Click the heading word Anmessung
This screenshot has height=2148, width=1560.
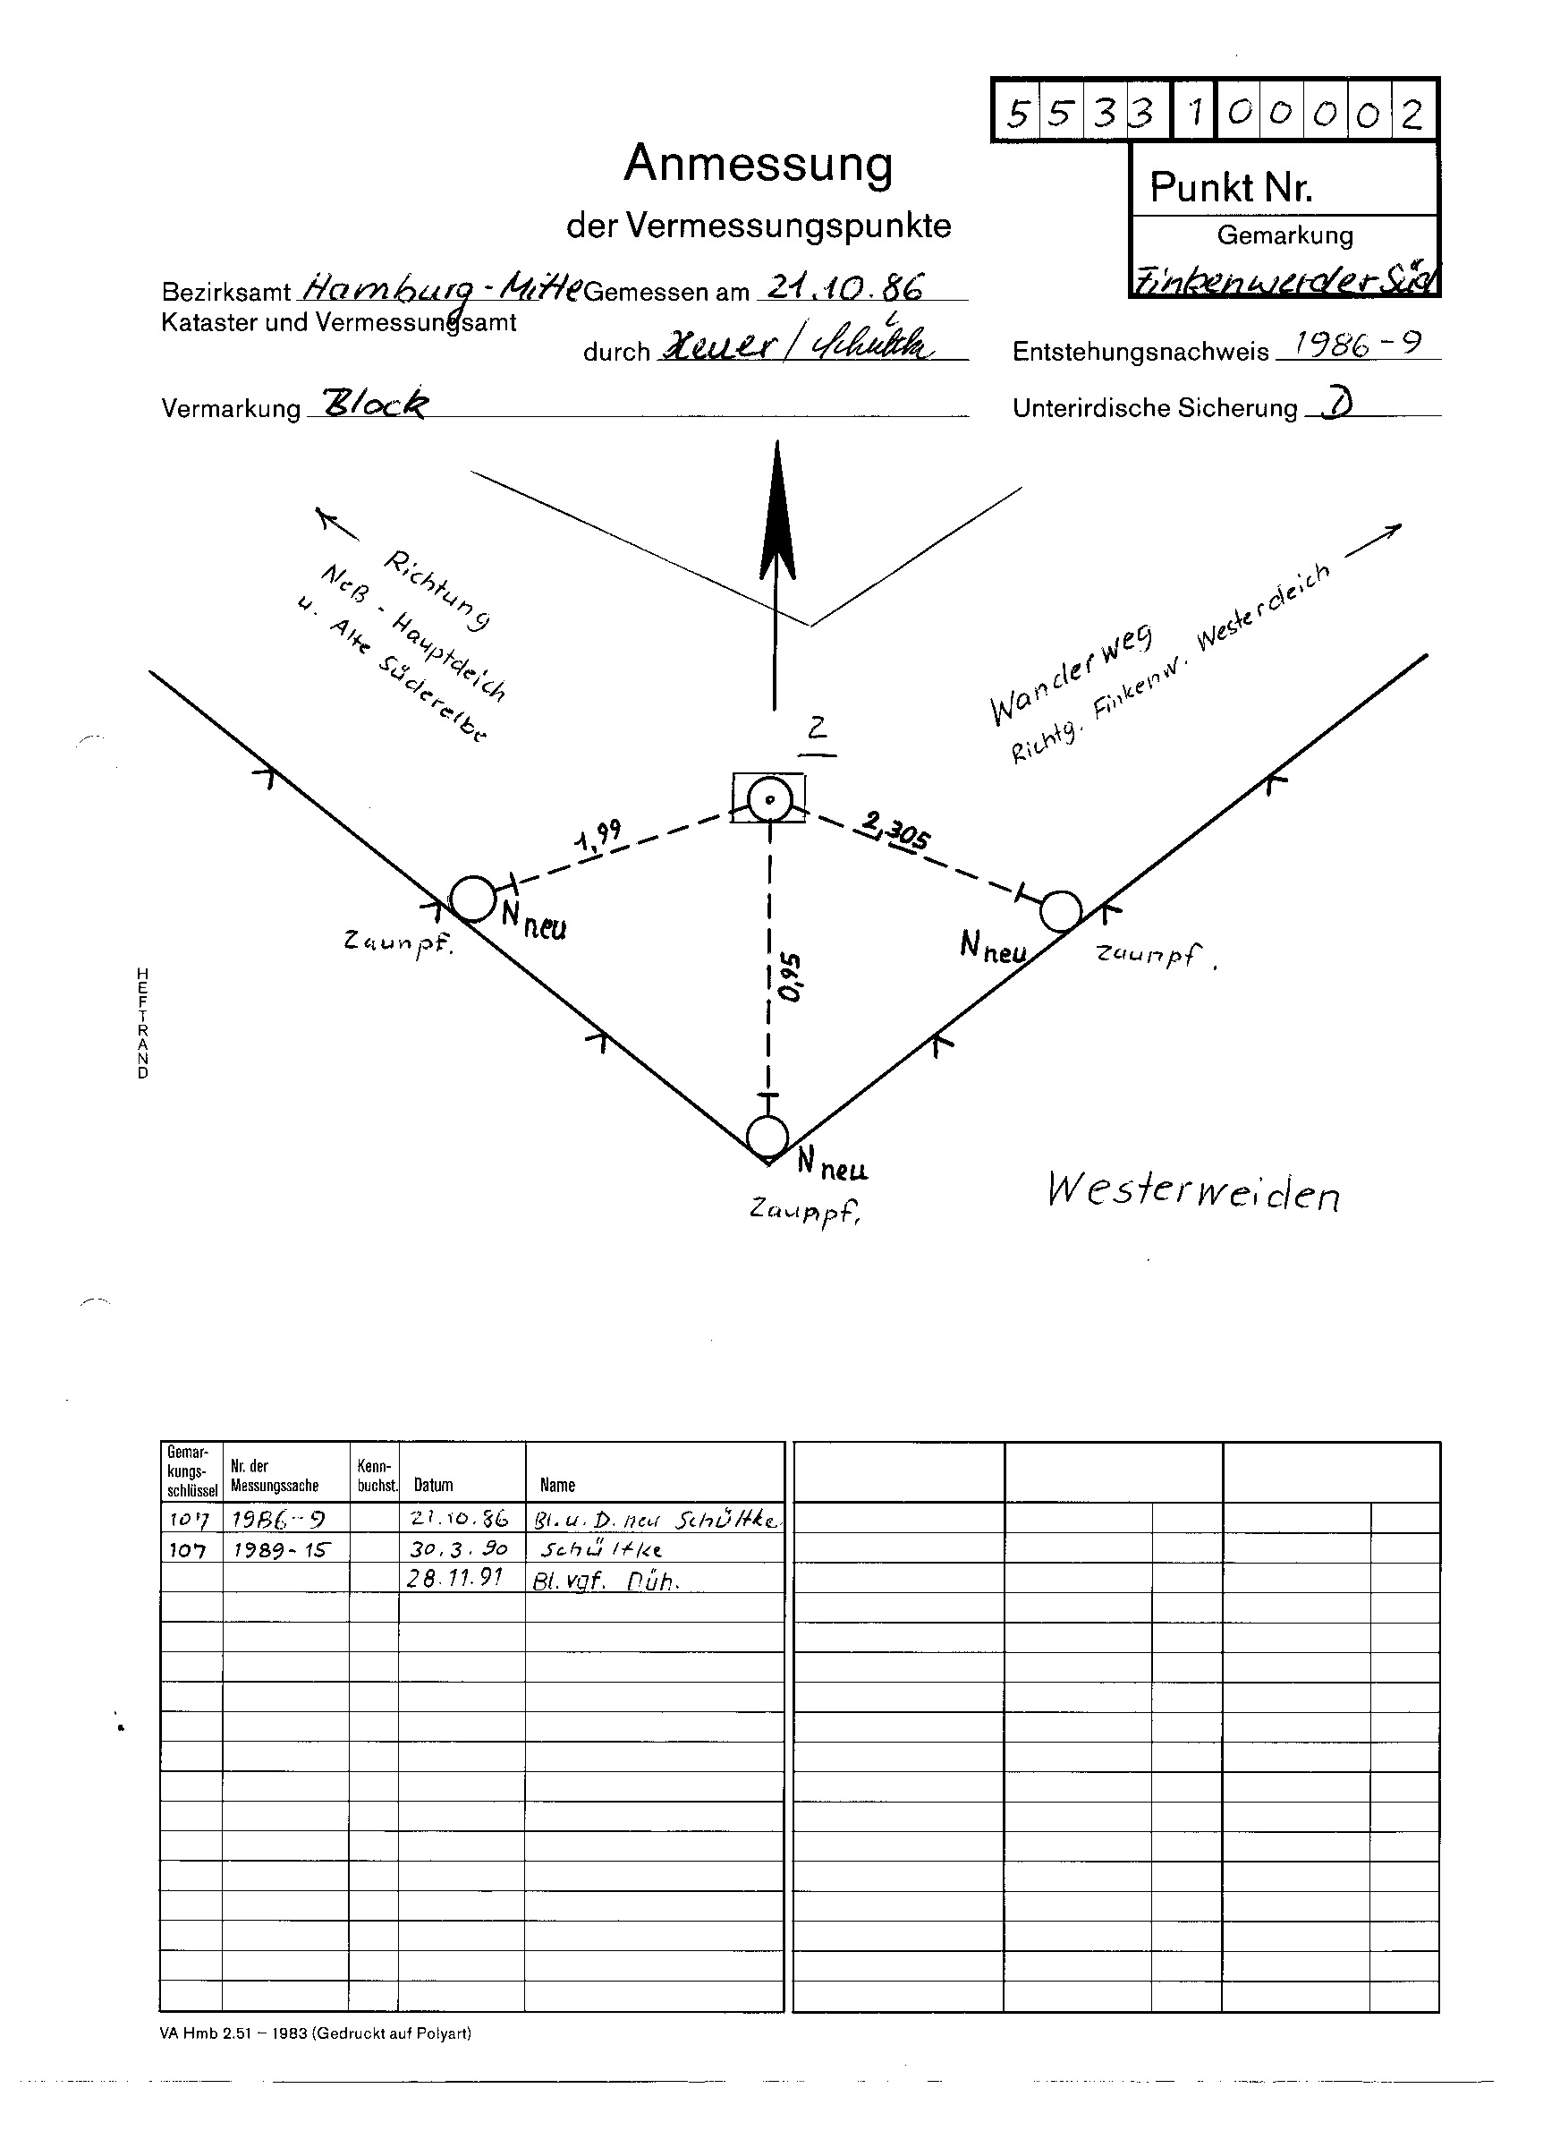click(758, 164)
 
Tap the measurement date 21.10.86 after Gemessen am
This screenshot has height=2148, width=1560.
click(845, 286)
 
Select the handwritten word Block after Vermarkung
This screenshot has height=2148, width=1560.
click(375, 405)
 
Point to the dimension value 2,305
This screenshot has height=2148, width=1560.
click(894, 830)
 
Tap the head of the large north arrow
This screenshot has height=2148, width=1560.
click(777, 516)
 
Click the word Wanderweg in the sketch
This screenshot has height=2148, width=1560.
click(1070, 678)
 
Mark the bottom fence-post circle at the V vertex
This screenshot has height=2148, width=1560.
click(767, 1137)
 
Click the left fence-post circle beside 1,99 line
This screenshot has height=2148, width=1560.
click(472, 898)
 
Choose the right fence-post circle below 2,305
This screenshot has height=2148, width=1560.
click(1060, 911)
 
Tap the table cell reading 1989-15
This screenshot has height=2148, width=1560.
click(283, 1548)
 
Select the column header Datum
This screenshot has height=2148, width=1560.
click(434, 1484)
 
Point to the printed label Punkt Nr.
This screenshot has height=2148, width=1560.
click(1231, 189)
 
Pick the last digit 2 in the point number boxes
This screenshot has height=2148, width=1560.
click(1412, 114)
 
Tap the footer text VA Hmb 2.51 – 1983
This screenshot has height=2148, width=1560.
click(315, 2033)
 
